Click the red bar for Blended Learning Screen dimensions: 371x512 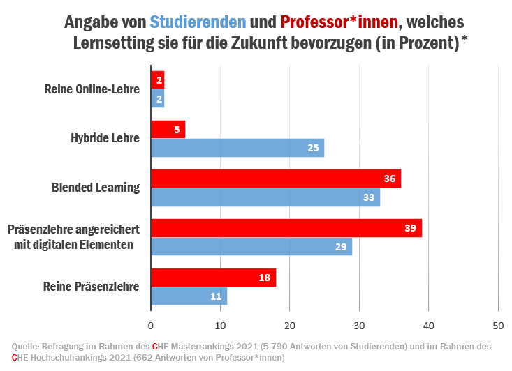[276, 179]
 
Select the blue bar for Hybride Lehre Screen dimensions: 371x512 [237, 148]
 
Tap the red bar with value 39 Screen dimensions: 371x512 [286, 229]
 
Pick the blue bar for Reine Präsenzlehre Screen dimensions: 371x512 [189, 296]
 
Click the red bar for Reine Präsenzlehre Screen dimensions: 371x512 [213, 278]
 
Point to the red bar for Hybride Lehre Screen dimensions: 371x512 [168, 130]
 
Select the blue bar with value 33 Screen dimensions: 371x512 [265, 197]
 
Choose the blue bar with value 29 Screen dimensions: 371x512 [251, 247]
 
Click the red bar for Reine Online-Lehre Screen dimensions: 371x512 [157, 80]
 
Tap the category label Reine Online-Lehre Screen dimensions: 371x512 [92, 89]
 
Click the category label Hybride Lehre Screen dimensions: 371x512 [105, 138]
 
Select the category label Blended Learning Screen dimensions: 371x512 [96, 188]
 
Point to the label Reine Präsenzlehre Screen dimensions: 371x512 [91, 287]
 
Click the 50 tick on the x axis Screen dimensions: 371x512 [498, 325]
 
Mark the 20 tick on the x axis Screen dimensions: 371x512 [290, 325]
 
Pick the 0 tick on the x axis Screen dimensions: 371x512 [151, 325]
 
